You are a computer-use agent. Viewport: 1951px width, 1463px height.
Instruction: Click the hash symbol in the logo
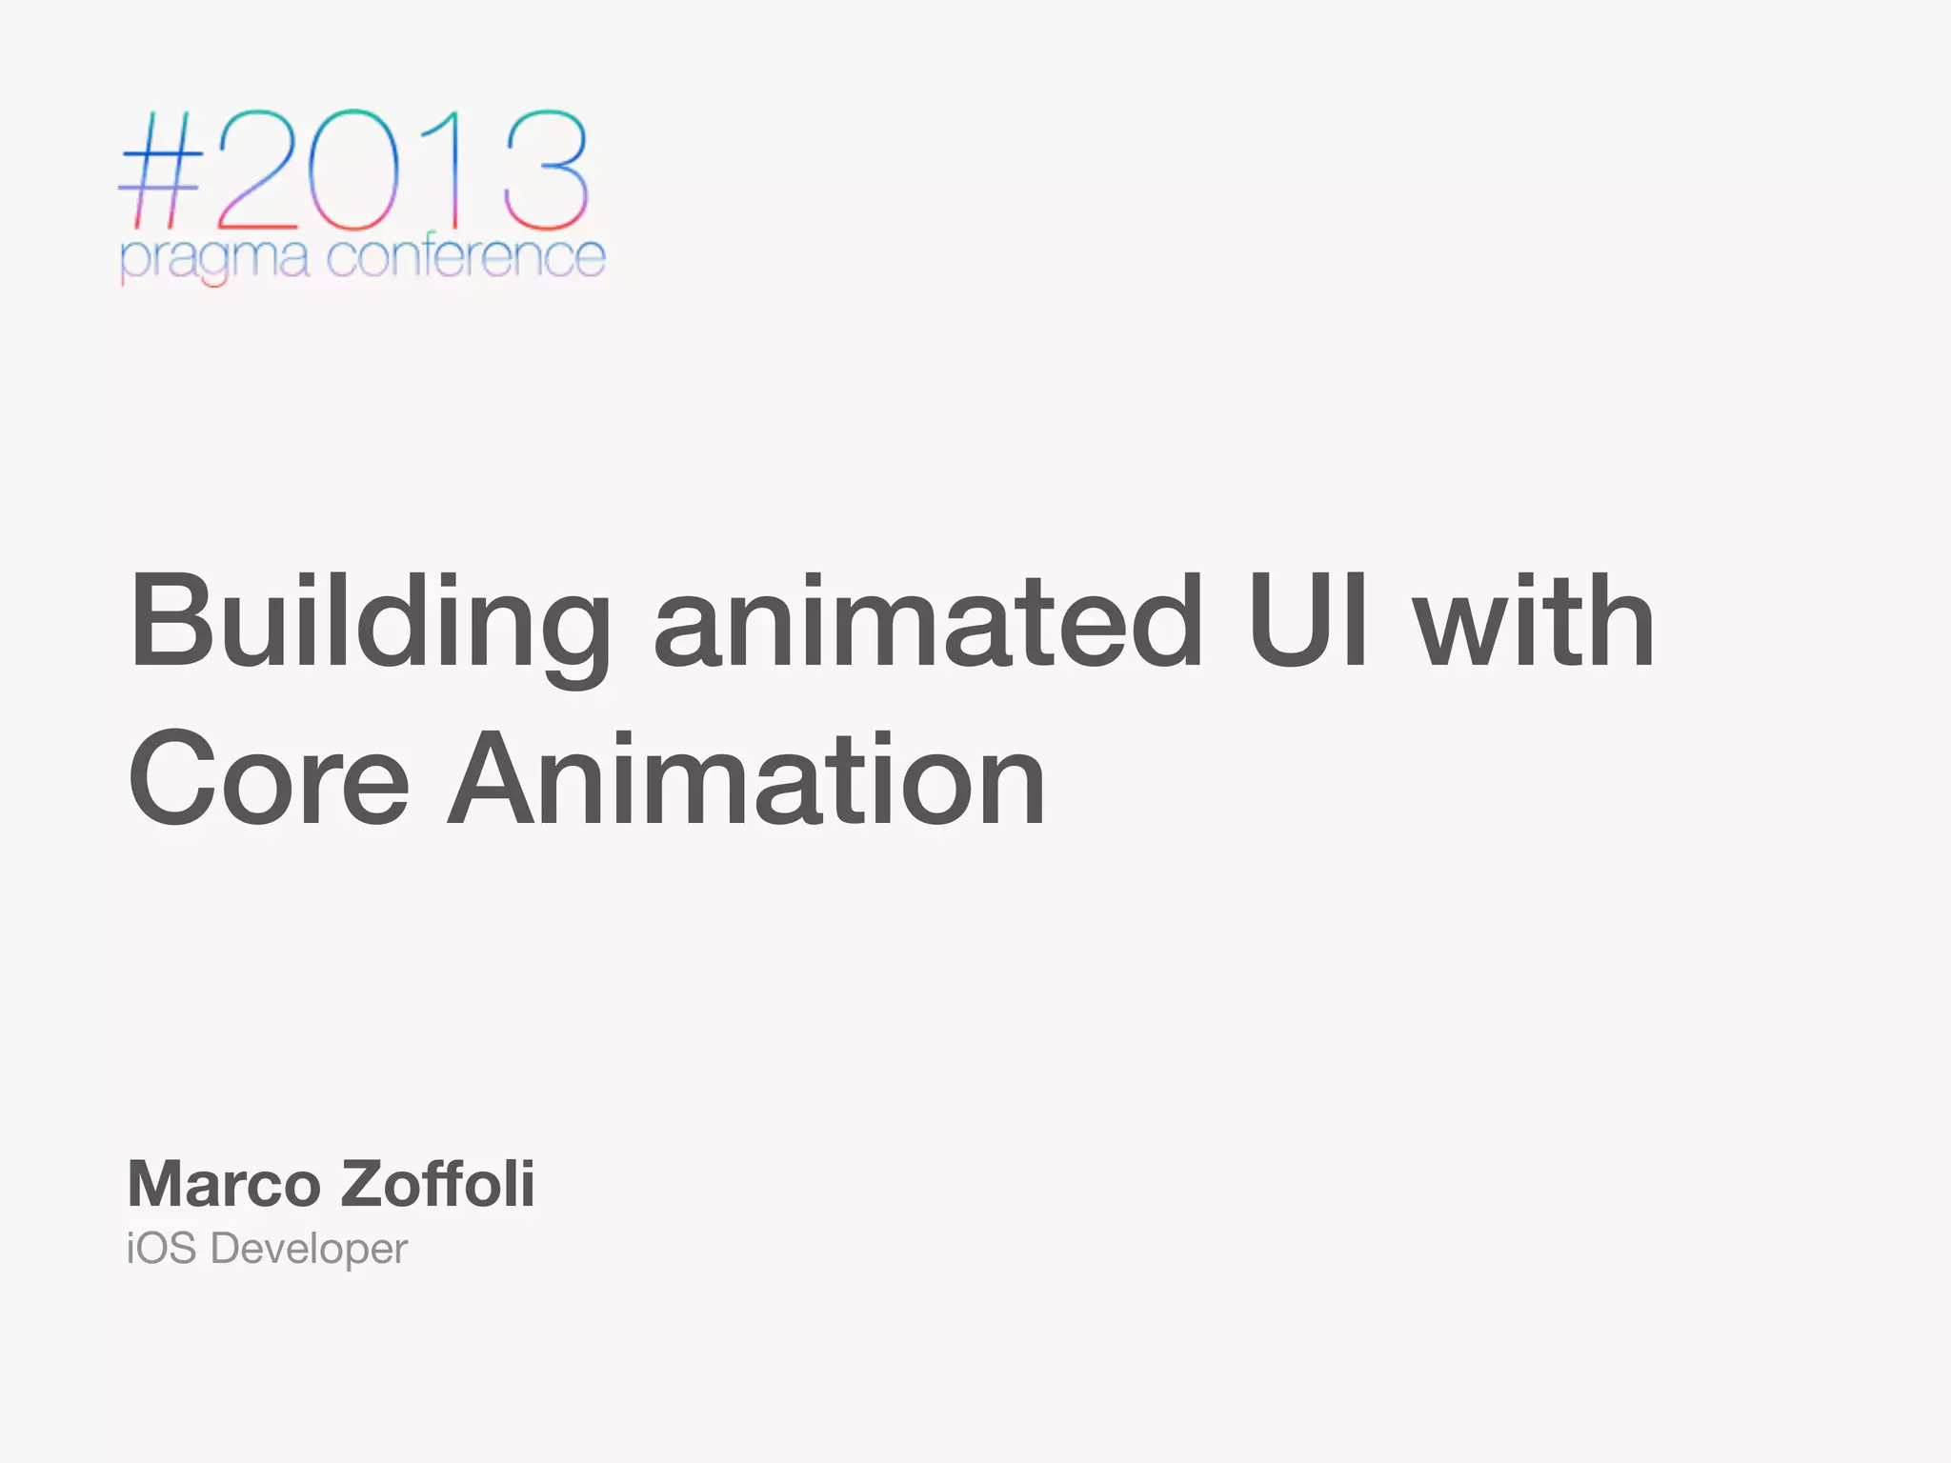pos(160,171)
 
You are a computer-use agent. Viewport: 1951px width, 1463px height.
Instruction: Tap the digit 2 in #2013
pos(257,171)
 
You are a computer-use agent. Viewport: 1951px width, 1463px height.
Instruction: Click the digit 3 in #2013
pos(545,171)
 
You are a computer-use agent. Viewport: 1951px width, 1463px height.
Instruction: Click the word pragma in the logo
pos(214,259)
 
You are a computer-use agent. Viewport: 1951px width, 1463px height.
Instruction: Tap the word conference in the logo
pos(466,257)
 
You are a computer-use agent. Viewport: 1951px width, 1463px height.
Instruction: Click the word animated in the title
pos(929,624)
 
